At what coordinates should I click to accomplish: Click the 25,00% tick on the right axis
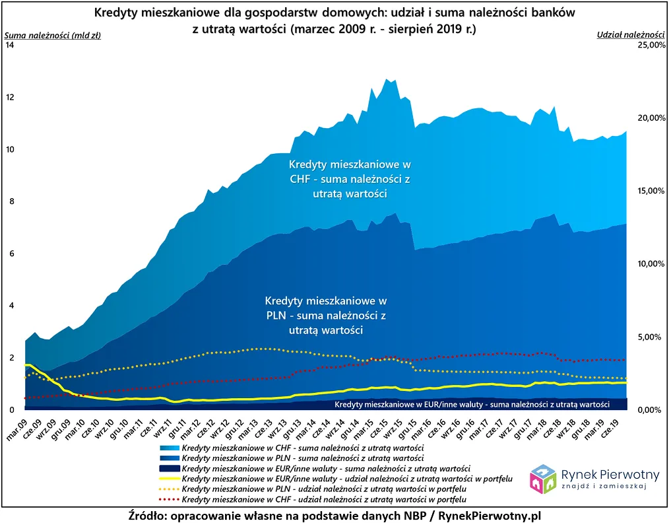(649, 45)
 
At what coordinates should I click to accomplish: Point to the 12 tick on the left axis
(9, 97)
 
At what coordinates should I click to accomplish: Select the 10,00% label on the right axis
(649, 263)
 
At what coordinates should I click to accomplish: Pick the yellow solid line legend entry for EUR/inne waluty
(169, 478)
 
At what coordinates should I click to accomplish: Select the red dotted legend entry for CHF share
(169, 499)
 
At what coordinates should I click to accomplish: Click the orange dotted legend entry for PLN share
(169, 489)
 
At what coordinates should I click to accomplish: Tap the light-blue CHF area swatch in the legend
(169, 447)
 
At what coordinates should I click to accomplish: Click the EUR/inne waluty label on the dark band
(471, 403)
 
